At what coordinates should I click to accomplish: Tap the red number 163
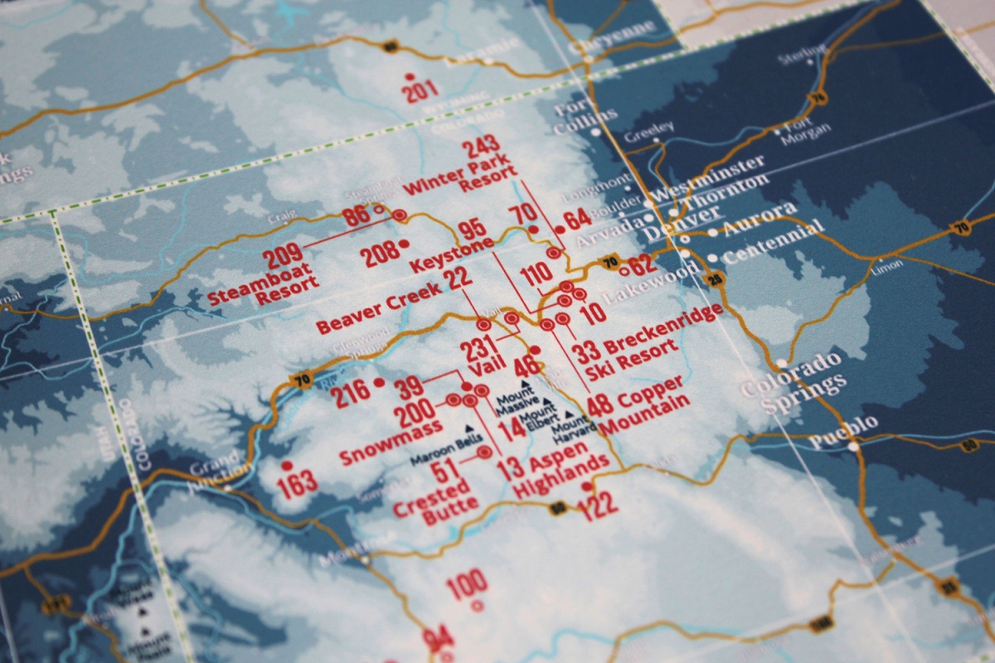[x=297, y=486]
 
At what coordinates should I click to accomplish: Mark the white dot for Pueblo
[x=854, y=446]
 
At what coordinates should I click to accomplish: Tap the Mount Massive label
[x=518, y=402]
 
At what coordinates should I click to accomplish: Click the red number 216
[x=352, y=396]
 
